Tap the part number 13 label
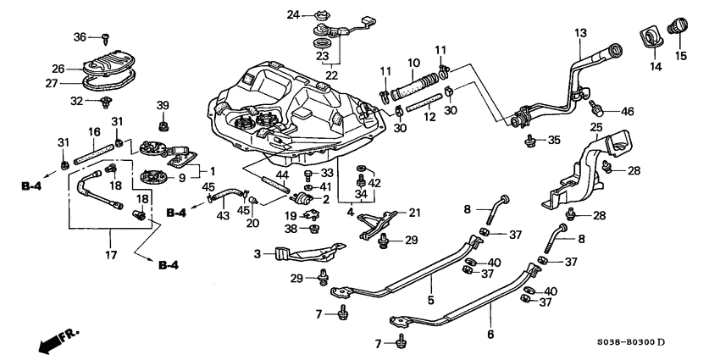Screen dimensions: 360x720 pos(580,33)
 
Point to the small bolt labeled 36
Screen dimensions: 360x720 pos(105,38)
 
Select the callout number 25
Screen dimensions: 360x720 pos(595,128)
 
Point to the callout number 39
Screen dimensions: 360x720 pos(163,104)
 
